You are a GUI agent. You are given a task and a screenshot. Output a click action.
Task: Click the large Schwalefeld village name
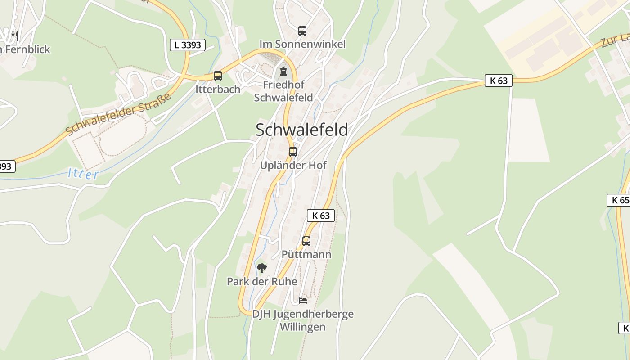(x=301, y=130)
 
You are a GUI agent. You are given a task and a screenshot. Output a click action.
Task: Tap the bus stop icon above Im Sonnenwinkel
(x=302, y=31)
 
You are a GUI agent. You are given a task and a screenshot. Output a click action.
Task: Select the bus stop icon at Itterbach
(x=218, y=76)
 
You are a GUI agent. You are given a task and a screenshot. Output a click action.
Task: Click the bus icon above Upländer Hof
(x=293, y=152)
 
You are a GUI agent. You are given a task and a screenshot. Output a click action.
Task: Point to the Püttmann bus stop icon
(x=306, y=241)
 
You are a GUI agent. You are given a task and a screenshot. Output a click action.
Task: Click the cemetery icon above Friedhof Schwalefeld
(x=283, y=72)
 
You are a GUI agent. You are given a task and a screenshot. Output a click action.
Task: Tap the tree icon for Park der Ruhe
(x=262, y=268)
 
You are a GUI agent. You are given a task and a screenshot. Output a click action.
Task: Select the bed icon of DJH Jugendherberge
(x=303, y=300)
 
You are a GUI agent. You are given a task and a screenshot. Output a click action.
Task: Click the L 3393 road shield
(x=188, y=45)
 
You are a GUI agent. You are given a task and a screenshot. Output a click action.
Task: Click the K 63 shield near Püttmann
(x=321, y=216)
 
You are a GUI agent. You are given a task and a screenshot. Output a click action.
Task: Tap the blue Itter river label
(x=83, y=174)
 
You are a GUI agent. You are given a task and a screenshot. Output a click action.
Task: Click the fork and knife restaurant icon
(x=15, y=36)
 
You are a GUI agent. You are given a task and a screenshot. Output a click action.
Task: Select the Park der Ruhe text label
(x=262, y=282)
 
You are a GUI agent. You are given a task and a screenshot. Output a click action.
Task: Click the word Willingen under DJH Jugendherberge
(x=302, y=327)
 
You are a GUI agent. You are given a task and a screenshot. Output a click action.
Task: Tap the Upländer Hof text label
(x=293, y=165)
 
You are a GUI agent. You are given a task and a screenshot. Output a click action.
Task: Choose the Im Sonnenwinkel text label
(x=302, y=44)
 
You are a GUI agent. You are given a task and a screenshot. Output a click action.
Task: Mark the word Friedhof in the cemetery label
(x=283, y=85)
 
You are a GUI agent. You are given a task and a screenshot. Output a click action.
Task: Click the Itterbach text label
(x=218, y=89)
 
